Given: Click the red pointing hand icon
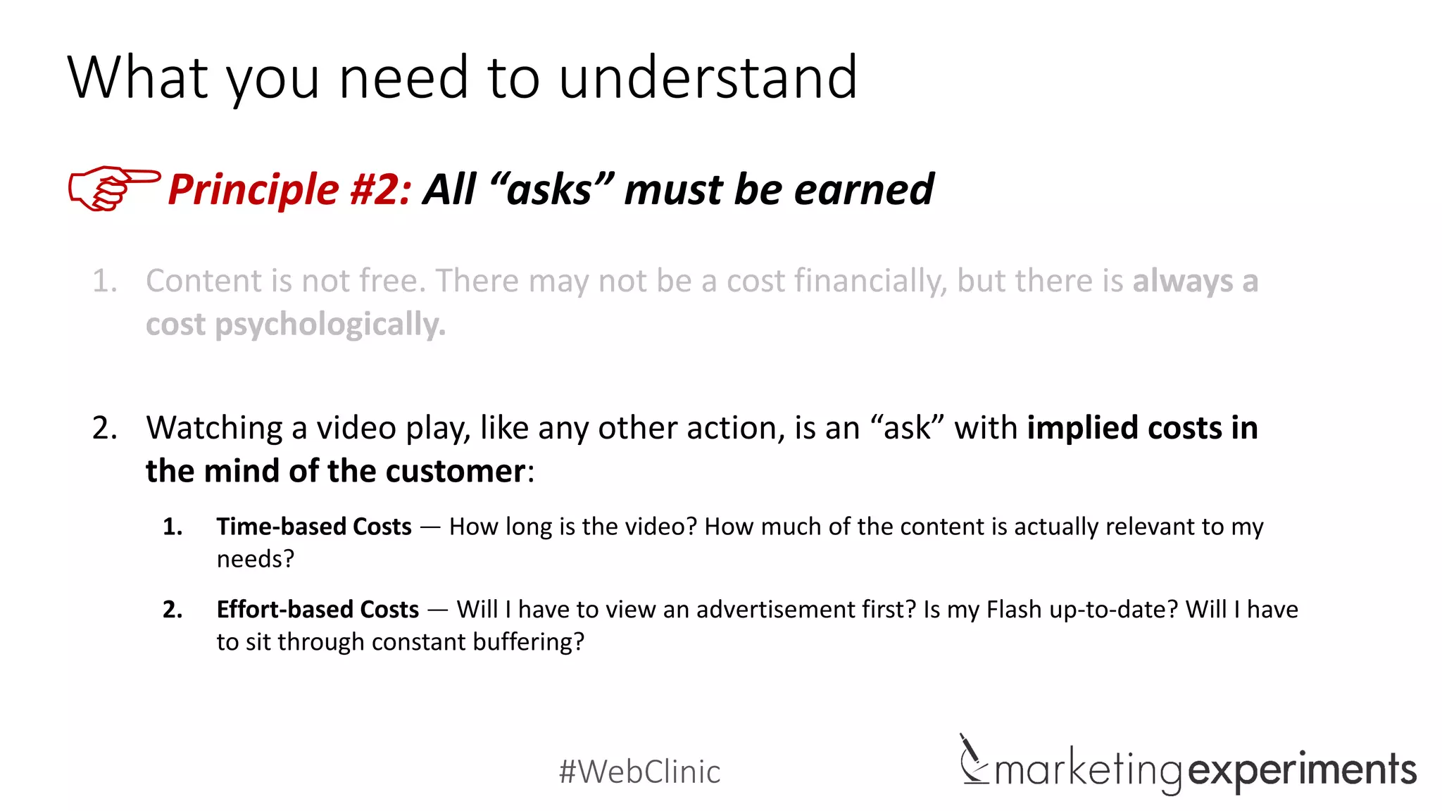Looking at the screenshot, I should (x=113, y=188).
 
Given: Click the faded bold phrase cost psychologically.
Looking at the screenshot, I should (x=296, y=325).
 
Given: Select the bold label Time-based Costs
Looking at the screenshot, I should (x=314, y=527).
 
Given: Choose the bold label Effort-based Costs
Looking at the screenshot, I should (x=318, y=610).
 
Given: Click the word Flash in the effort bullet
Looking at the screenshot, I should (x=1014, y=610).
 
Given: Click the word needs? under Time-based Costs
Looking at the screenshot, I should (x=255, y=559).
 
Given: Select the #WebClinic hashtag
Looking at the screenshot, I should (x=639, y=772).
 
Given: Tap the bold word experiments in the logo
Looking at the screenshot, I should (x=1302, y=770).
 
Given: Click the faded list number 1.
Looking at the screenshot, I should (x=104, y=281).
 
